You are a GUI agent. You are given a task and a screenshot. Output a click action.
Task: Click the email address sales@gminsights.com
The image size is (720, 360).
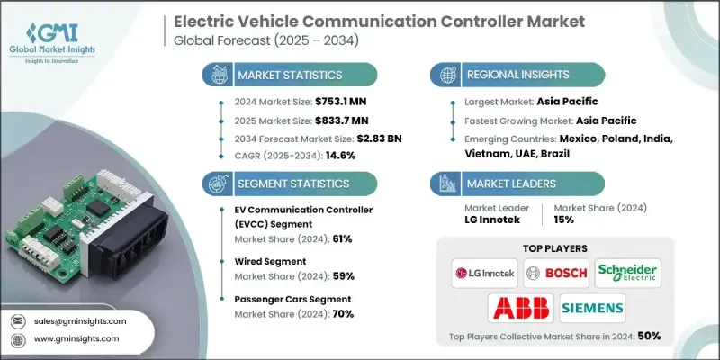pos(79,320)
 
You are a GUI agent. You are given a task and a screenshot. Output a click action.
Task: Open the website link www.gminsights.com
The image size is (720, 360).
pos(76,339)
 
